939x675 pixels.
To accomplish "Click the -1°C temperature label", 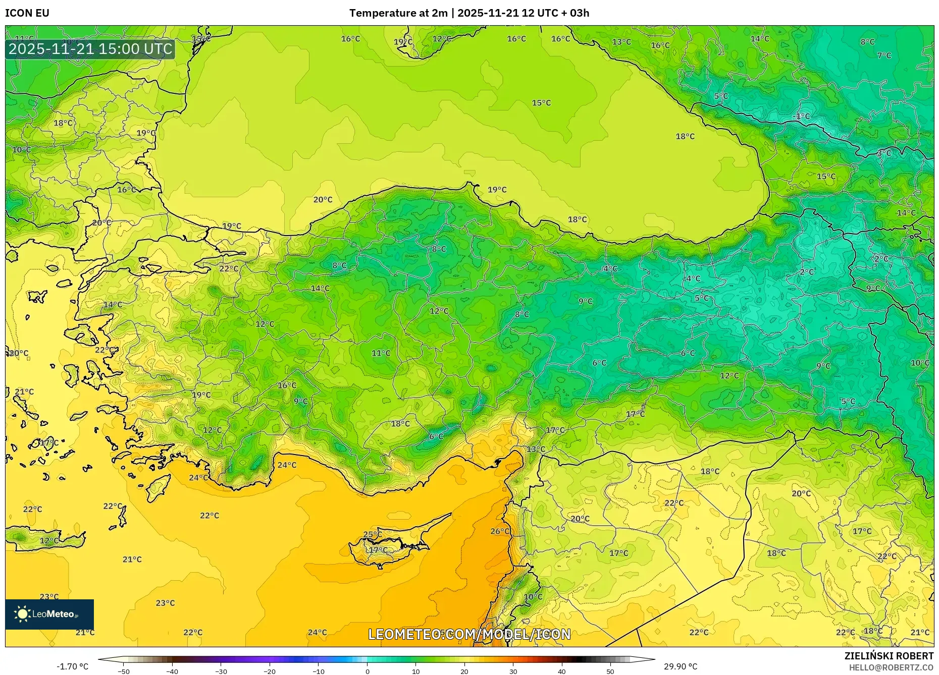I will coord(801,117).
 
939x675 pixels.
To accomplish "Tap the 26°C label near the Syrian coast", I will coord(500,531).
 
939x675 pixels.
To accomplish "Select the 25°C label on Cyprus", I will coord(373,534).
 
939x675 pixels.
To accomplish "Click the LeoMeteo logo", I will coord(49,614).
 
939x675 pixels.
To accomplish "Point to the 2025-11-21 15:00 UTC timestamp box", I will coord(90,49).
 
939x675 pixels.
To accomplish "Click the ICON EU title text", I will coord(27,13).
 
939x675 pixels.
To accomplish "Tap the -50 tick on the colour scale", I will coord(124,671).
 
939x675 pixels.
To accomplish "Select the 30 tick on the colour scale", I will coord(513,671).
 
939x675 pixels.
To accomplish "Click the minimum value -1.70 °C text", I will coord(72,666).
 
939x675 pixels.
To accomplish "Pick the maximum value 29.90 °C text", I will coord(681,666).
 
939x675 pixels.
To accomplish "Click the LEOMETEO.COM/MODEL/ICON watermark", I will coord(470,634).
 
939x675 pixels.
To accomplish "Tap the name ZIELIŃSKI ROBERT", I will coord(889,656).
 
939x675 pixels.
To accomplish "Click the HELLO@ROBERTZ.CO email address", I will coord(891,667).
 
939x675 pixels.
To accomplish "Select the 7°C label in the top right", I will coord(884,55).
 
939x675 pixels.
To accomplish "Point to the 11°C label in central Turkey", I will coord(381,353).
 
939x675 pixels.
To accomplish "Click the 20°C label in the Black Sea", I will coord(323,200).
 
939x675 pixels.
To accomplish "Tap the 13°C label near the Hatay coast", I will coord(536,449).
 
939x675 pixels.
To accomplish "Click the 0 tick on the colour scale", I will coord(367,671).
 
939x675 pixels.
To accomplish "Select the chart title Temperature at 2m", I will coord(398,13).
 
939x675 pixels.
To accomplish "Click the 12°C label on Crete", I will coord(49,541).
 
